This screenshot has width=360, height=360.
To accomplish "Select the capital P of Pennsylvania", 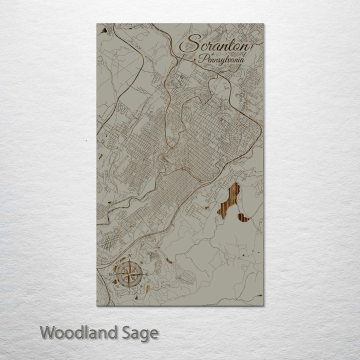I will (x=201, y=59).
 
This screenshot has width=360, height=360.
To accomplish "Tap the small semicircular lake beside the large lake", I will (x=243, y=217).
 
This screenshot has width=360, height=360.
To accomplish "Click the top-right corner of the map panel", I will (x=263, y=24).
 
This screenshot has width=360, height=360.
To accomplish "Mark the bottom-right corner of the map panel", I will (x=263, y=305).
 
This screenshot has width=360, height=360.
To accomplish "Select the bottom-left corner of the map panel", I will (x=97, y=305).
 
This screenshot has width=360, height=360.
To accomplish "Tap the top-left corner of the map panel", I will (x=97, y=24).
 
